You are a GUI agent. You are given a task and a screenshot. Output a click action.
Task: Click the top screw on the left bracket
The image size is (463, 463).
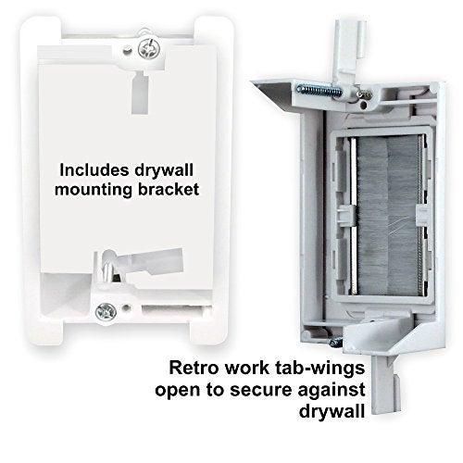pos(149,48)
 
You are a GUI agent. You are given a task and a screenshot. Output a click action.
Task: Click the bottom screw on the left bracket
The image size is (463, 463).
pos(106,312)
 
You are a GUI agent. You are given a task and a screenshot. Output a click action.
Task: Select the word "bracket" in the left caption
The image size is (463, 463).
pos(169,189)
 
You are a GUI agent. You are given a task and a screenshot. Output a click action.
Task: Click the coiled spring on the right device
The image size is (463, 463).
pos(319,91)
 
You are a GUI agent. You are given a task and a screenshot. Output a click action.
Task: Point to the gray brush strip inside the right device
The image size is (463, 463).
pos(387,216)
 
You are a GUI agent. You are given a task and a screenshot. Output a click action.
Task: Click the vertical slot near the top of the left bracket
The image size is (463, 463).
pos(141,92)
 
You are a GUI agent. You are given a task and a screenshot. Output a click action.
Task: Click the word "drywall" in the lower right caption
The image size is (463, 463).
pos(332,412)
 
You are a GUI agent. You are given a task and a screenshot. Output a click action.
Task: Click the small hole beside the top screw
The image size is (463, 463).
pos(126,50)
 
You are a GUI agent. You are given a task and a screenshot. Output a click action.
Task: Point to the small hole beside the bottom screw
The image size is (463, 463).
pos(126,307)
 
